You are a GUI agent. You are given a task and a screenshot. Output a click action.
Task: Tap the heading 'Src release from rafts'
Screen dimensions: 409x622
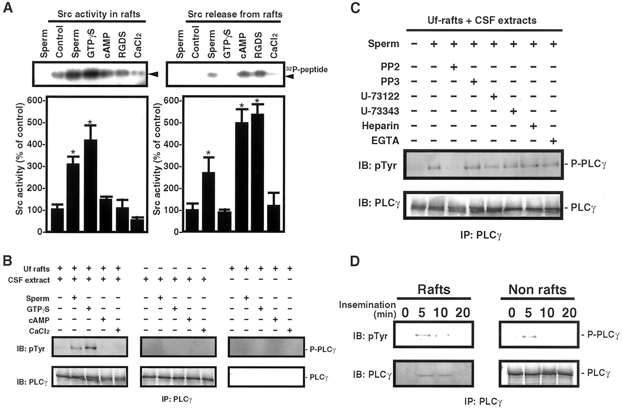[x=235, y=15]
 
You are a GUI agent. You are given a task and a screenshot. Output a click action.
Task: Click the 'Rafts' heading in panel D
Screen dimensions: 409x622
[x=433, y=290]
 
